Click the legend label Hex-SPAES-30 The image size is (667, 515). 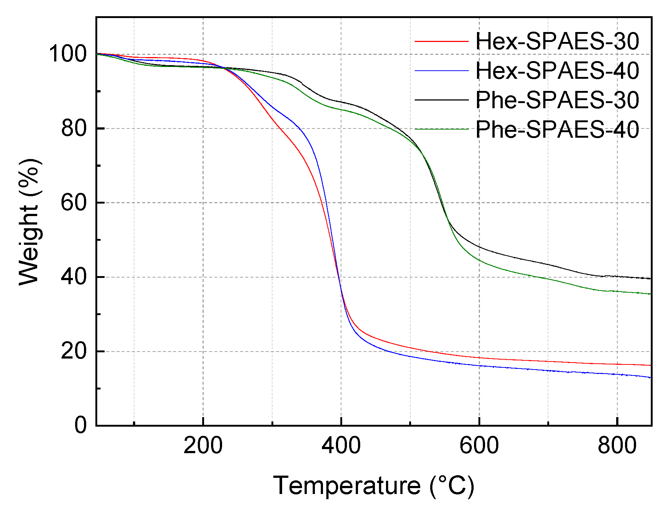tap(557, 41)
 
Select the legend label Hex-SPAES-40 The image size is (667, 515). tap(557, 70)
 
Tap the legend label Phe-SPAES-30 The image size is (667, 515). tap(557, 100)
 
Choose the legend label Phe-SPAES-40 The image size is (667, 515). tap(557, 129)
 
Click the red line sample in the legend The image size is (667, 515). tap(442, 41)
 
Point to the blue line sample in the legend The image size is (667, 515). tap(442, 70)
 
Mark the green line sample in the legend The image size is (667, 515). tap(442, 129)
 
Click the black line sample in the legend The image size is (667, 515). tap(442, 100)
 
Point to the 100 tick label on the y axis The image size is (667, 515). tap(68, 54)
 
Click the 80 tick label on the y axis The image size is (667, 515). tap(74, 128)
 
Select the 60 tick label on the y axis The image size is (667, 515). tap(74, 202)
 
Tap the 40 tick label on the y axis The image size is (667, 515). tap(74, 277)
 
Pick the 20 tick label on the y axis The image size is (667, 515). tap(74, 351)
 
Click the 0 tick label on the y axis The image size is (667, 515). tap(81, 426)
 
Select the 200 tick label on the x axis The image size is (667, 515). tap(203, 445)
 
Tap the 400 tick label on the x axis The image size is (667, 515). tap(341, 445)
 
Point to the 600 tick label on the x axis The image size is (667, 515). tap(479, 445)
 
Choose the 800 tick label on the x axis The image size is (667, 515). tap(617, 445)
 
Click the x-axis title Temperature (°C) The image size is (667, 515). tap(373, 486)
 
